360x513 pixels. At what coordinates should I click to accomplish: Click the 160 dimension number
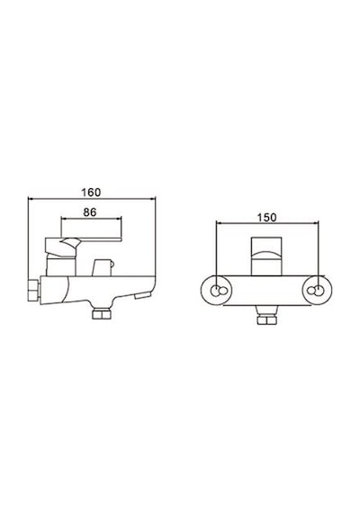(91, 193)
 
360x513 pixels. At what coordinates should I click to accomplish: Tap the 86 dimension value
(90, 212)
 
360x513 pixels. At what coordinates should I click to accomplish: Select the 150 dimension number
(266, 218)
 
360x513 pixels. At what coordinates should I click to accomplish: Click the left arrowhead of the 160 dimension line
(31, 198)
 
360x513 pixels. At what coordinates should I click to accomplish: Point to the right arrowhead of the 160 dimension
(153, 198)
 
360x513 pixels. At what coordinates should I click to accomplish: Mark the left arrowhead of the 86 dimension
(64, 218)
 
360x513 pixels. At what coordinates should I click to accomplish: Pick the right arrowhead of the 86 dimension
(119, 218)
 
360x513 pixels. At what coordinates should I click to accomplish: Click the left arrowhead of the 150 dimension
(219, 223)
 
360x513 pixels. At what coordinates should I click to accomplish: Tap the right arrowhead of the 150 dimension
(316, 223)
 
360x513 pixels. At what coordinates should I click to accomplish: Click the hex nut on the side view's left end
(33, 290)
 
